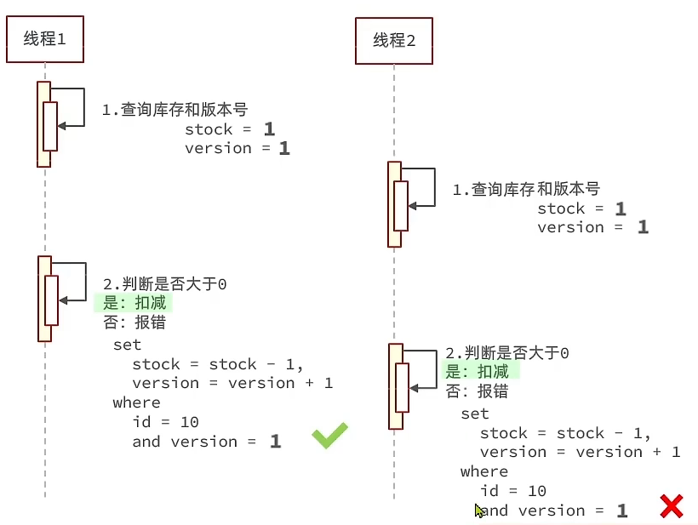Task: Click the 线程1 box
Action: click(x=45, y=38)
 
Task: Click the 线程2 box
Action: click(x=394, y=40)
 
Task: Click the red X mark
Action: click(x=672, y=506)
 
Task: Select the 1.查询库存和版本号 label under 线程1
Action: click(x=174, y=110)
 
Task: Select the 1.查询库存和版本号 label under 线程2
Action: click(x=525, y=189)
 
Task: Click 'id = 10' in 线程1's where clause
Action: click(x=165, y=422)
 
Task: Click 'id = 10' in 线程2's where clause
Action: click(x=512, y=491)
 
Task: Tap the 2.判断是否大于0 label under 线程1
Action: click(x=164, y=284)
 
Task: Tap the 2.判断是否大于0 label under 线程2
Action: click(x=506, y=352)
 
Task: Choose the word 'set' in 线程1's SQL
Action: click(x=127, y=345)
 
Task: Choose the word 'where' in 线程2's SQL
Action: click(x=483, y=471)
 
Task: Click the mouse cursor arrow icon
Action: click(x=479, y=511)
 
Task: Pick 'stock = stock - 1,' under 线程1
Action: click(x=218, y=364)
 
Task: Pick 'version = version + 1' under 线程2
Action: click(x=580, y=452)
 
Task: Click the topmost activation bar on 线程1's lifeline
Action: click(x=43, y=124)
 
